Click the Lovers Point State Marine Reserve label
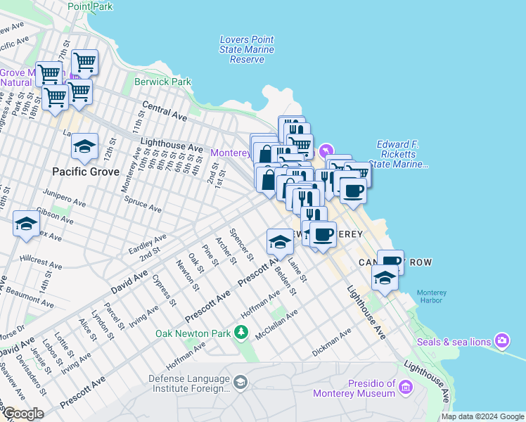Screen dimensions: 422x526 tap(247, 50)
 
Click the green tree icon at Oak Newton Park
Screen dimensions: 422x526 tap(243, 332)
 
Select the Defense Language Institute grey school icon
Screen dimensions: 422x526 tap(240, 381)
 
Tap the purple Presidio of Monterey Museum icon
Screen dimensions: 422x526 tap(405, 387)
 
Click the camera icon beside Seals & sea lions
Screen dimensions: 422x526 tap(502, 341)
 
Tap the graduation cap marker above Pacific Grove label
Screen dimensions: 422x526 tap(84, 146)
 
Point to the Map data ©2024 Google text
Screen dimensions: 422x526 tap(482, 416)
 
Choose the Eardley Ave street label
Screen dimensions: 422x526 tap(148, 244)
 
